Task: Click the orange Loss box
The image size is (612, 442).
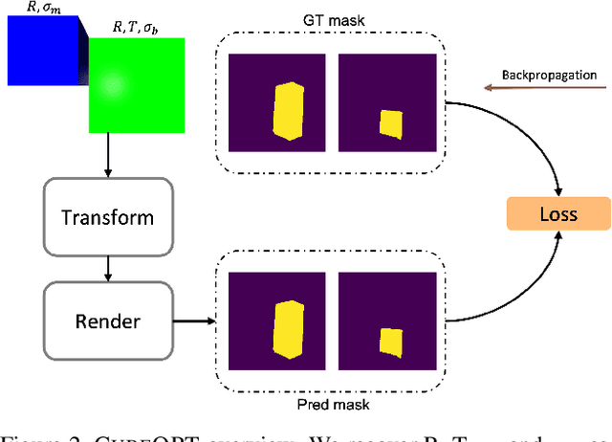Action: (x=557, y=212)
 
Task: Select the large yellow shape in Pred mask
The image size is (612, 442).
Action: (x=286, y=329)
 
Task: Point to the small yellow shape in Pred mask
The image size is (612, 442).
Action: (x=389, y=342)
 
